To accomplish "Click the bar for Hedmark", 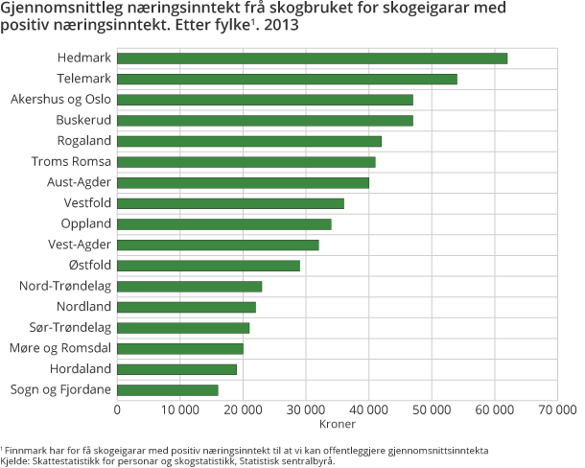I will click(x=312, y=58).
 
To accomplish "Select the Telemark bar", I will click(x=287, y=79).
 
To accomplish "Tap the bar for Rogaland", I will click(x=249, y=141).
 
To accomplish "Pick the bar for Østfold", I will click(x=208, y=266).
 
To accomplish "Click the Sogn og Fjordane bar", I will click(x=168, y=389).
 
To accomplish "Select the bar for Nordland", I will click(x=186, y=307).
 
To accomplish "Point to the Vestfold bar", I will click(x=230, y=203).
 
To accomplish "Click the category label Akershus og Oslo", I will click(x=61, y=100).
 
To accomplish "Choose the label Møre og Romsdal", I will click(x=60, y=348).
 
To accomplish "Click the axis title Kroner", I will click(x=337, y=423).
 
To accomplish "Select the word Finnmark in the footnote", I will click(x=25, y=450).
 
